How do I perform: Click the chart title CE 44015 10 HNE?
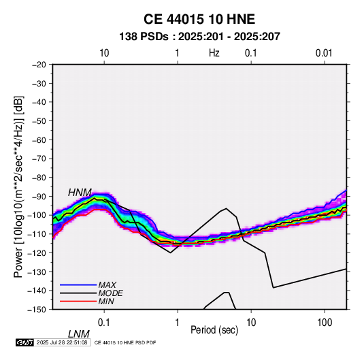click(x=199, y=19)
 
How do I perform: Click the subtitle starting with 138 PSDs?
click(x=199, y=37)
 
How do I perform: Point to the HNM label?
click(x=80, y=193)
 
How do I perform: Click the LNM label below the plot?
click(x=79, y=334)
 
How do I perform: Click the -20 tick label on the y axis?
click(x=39, y=65)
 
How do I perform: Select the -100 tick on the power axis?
click(x=37, y=215)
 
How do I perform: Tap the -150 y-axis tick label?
click(x=37, y=310)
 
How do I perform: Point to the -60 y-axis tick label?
click(x=39, y=140)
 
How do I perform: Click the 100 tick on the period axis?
click(x=325, y=323)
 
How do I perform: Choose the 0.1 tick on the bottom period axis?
click(x=104, y=323)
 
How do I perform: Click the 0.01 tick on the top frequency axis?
click(x=324, y=53)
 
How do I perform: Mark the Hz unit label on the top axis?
click(x=214, y=53)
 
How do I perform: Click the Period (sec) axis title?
click(x=214, y=330)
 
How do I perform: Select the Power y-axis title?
click(x=18, y=186)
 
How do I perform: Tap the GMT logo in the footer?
click(x=25, y=342)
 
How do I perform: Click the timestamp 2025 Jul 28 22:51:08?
click(x=62, y=342)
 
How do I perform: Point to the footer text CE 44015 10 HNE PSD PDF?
click(x=125, y=342)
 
